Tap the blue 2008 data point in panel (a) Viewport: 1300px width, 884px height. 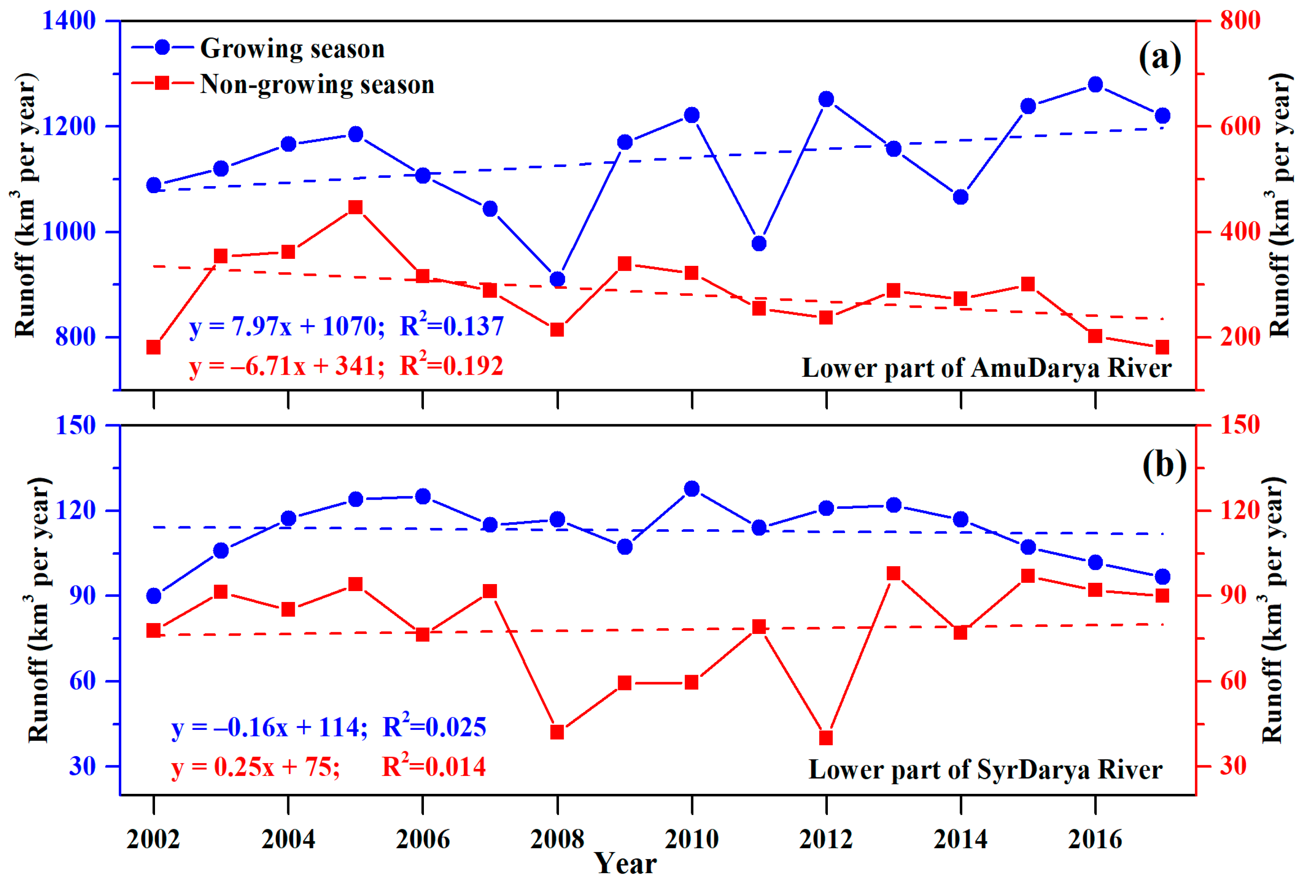coord(557,279)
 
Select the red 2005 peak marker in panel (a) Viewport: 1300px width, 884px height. coord(356,207)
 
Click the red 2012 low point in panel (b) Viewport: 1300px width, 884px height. coord(826,738)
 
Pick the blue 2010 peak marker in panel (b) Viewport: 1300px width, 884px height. coord(692,489)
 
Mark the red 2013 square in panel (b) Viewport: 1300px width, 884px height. coord(894,573)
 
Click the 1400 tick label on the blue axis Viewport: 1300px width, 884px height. coord(69,21)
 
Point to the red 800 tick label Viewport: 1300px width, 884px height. coord(1240,21)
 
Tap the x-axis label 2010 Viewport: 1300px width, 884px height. coord(692,839)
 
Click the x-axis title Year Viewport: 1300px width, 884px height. coord(625,864)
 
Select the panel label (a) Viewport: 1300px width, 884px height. coord(1160,58)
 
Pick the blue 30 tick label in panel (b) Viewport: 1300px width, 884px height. coord(82,766)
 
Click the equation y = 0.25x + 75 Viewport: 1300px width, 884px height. coord(256,766)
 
